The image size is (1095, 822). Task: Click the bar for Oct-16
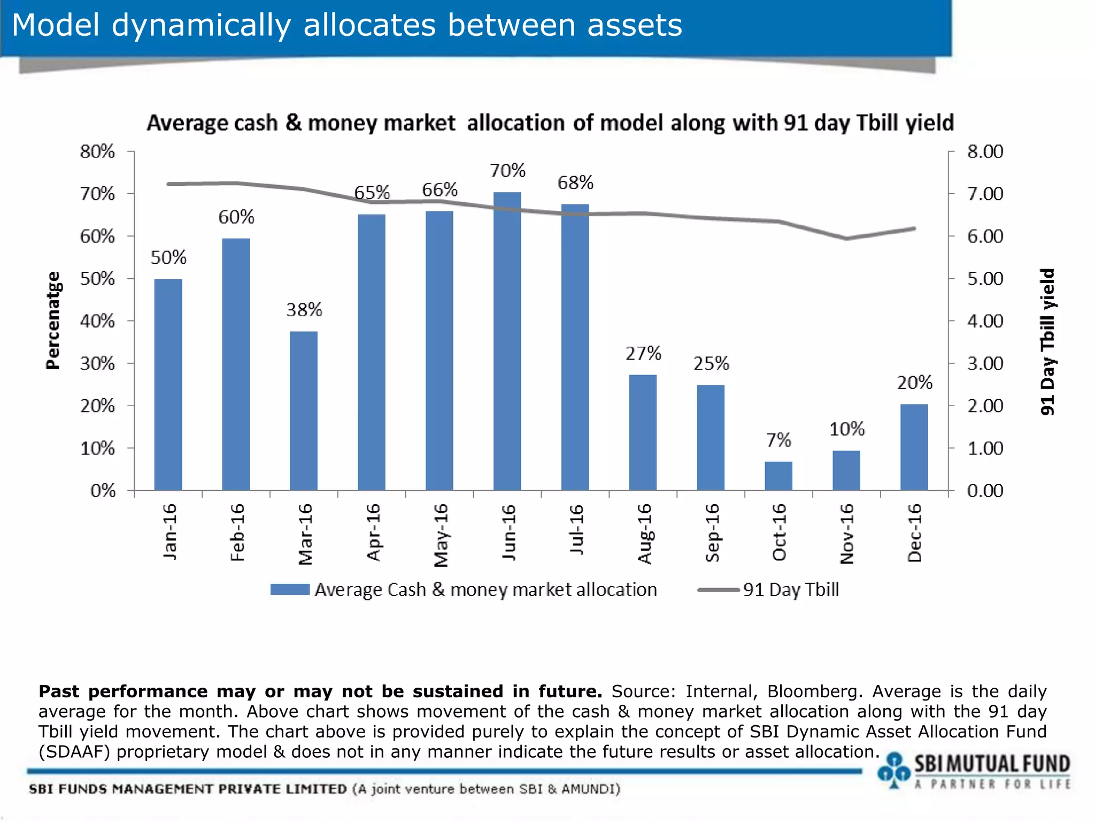tap(778, 476)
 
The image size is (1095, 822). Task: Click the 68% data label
tap(575, 183)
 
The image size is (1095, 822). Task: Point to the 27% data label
tap(643, 354)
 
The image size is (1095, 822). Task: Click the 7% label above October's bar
tap(778, 440)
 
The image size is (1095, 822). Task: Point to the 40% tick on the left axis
tap(97, 321)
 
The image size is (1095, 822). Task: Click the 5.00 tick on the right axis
tap(985, 279)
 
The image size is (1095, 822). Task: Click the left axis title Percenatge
tap(53, 321)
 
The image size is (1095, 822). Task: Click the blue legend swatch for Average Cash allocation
tap(290, 590)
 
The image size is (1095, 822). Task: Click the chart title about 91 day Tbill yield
tap(550, 123)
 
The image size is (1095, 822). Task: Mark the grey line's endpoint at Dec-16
tap(914, 229)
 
